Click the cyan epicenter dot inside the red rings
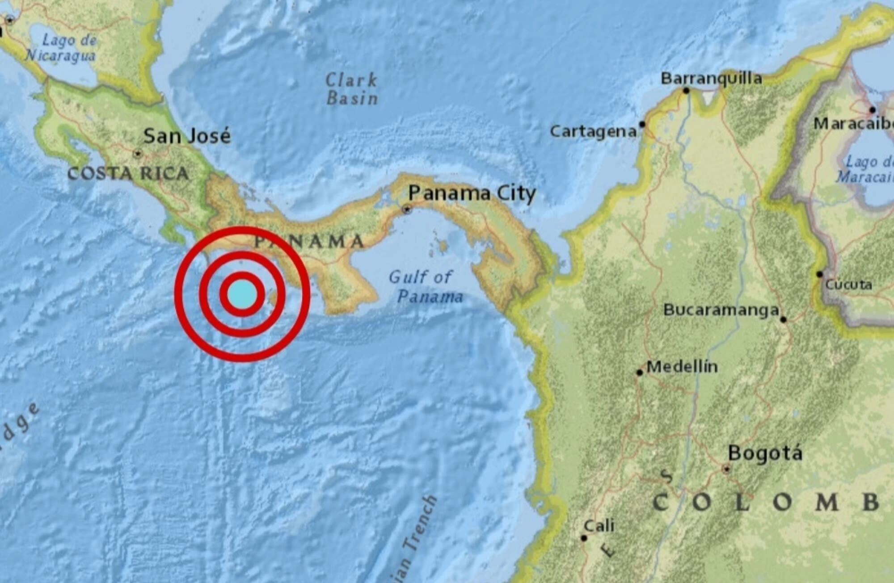pos(242,294)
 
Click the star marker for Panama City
pos(407,209)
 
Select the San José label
pos(187,136)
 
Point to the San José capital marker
pos(138,154)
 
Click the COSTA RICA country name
pos(128,173)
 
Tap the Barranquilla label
pos(711,79)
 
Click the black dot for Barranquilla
pos(686,91)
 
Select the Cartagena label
pos(593,131)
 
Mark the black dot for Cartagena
pos(642,124)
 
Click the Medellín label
pos(682,367)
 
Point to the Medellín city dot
pos(640,372)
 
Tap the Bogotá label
pos(765,453)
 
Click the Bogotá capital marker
pos(726,469)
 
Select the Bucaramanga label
pos(721,310)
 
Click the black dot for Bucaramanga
pos(783,319)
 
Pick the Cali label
pos(599,526)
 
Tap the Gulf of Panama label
pos(425,286)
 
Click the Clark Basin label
pos(352,89)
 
